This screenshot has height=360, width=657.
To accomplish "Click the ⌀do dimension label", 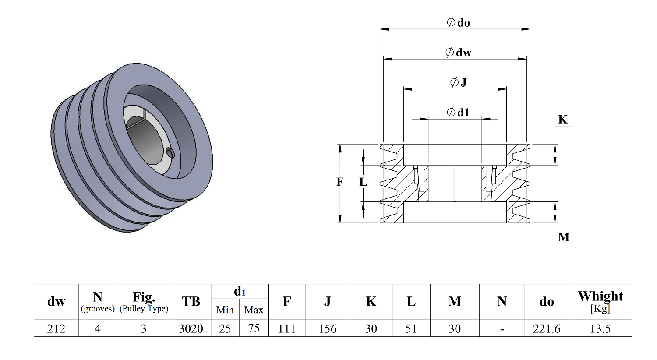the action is click(458, 23).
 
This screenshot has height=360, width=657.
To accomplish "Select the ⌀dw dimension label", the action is click(458, 53).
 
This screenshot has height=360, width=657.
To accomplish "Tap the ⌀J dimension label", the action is click(458, 82).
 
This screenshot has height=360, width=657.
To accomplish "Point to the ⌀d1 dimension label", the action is click(458, 112).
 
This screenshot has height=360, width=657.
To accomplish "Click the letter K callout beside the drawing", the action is click(562, 120).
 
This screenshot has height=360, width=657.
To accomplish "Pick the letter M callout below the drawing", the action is click(564, 237).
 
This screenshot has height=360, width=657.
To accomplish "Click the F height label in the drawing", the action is click(339, 182).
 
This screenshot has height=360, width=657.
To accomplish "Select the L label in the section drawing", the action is click(363, 182).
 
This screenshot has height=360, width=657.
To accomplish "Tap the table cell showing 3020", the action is click(191, 328).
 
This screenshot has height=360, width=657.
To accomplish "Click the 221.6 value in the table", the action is click(547, 328).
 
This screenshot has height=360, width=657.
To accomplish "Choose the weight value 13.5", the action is click(600, 328).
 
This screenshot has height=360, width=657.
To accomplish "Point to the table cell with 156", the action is click(327, 328).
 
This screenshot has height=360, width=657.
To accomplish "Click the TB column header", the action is click(191, 301).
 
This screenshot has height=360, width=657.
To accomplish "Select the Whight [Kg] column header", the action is click(600, 302).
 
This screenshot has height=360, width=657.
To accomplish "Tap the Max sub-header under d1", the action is click(254, 310).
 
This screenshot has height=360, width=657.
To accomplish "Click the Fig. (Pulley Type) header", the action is click(144, 302).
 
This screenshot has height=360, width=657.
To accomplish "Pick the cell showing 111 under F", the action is click(286, 328).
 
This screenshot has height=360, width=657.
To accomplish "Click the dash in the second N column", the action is click(502, 329).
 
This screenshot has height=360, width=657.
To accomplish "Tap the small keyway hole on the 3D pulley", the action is click(170, 152).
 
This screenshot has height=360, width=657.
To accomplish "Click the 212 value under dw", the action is click(56, 328).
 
